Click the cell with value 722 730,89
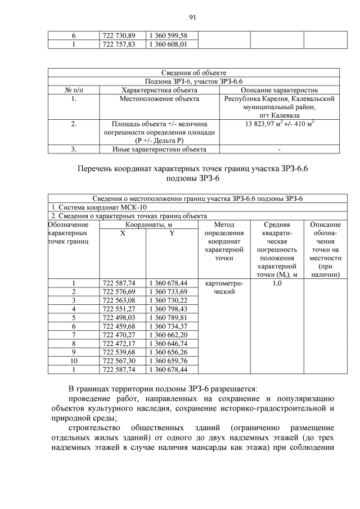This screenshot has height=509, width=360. (x=119, y=36)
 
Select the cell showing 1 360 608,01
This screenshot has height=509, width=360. (x=168, y=44)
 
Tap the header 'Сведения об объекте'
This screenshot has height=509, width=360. (x=194, y=73)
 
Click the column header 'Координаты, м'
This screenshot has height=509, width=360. (x=148, y=224)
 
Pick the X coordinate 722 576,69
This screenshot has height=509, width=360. (x=119, y=291)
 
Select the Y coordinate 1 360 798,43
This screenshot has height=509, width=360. (x=168, y=309)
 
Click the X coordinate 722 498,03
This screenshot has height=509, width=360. (x=119, y=317)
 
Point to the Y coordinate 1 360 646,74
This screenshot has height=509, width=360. (x=168, y=343)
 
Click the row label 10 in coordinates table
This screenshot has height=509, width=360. (x=74, y=361)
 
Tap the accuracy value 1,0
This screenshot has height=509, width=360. (x=277, y=283)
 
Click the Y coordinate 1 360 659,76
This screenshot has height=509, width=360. (x=168, y=361)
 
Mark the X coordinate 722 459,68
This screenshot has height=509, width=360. (x=119, y=326)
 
